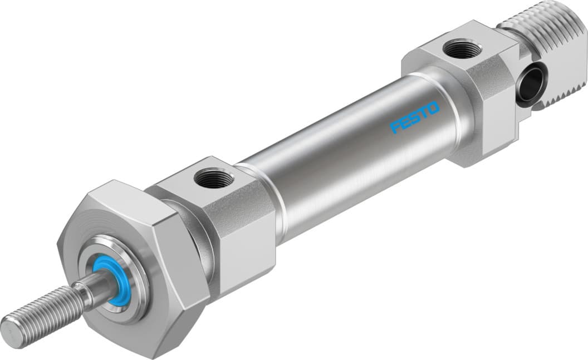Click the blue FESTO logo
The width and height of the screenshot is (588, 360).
[x=415, y=117]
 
